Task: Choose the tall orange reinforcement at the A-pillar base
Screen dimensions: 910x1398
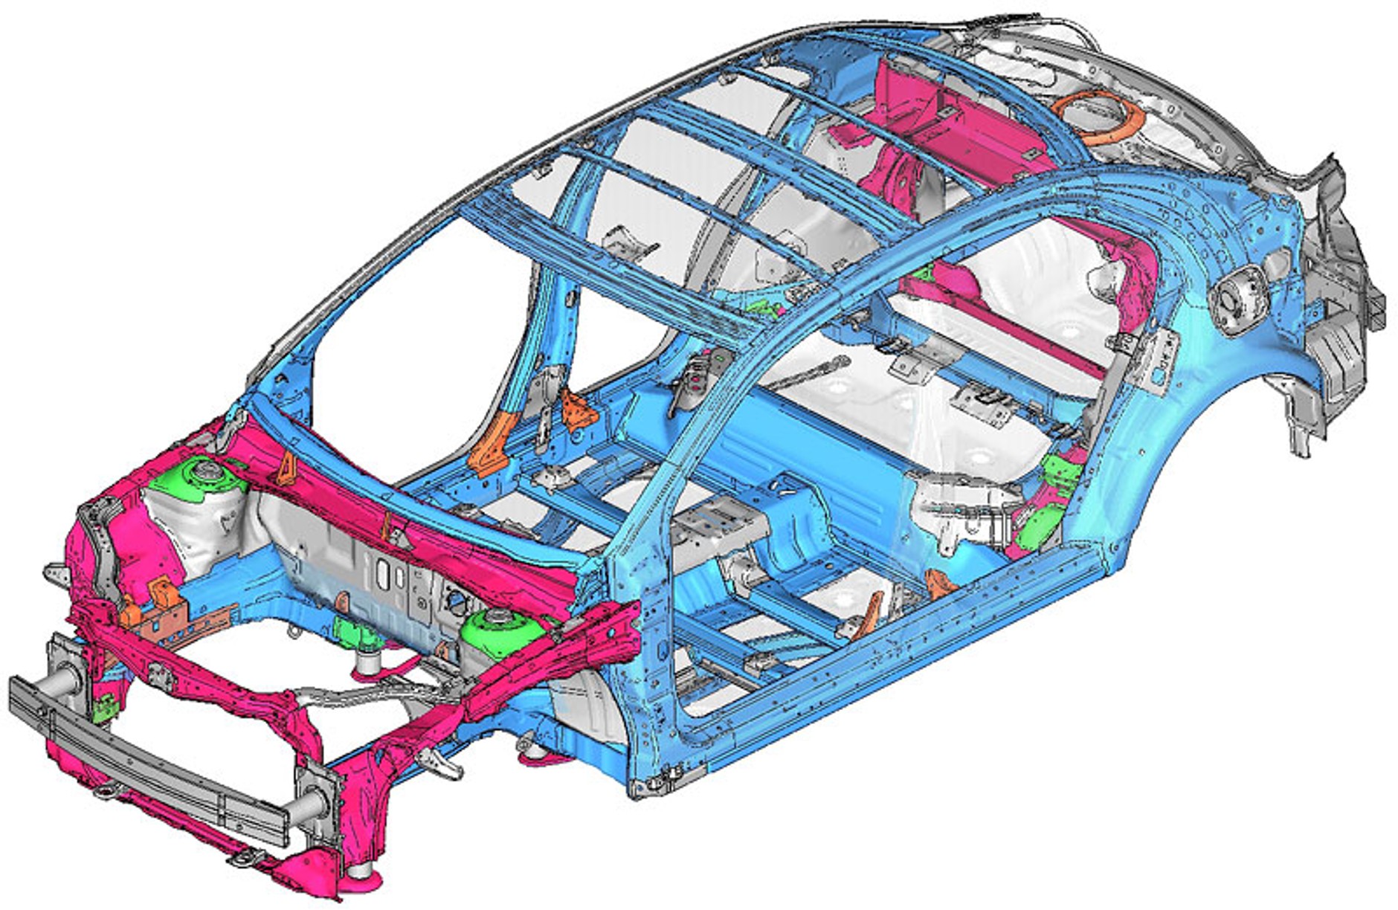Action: point(491,446)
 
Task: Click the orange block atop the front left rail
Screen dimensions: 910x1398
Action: point(161,595)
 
